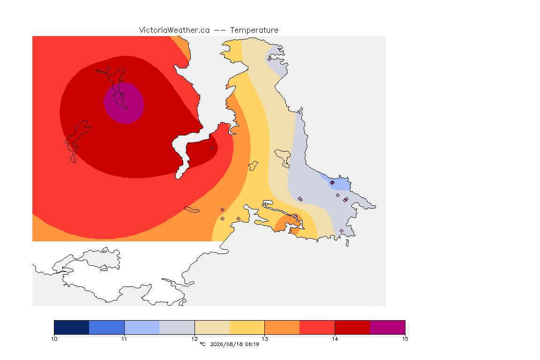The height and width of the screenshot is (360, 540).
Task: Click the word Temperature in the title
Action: (x=254, y=30)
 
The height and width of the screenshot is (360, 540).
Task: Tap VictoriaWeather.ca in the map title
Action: (x=174, y=30)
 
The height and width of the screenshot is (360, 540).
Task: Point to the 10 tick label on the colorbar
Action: (x=54, y=339)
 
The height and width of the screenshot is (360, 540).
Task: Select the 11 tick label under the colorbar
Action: (x=124, y=339)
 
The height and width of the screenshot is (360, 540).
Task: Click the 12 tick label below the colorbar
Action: (x=195, y=339)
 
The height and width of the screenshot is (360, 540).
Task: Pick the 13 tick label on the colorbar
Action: (x=264, y=339)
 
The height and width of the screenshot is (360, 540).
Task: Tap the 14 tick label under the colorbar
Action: (x=335, y=339)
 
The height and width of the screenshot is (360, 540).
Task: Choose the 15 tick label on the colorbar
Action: (x=405, y=339)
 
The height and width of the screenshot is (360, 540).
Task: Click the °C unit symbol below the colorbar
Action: (x=203, y=344)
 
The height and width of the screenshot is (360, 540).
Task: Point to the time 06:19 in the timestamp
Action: (x=252, y=344)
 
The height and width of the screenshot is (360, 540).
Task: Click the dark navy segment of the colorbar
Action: (x=72, y=327)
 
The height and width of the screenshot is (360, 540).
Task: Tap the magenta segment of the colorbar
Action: (x=388, y=327)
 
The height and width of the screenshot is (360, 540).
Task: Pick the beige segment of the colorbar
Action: (x=212, y=327)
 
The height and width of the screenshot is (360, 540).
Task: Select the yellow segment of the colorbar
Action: (x=247, y=327)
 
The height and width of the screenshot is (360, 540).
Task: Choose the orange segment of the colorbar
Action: (x=282, y=327)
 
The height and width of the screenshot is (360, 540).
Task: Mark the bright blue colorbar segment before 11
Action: (x=107, y=327)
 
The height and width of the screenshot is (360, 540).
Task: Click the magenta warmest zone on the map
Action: (x=124, y=103)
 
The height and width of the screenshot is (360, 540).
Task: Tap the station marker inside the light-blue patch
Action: (x=332, y=183)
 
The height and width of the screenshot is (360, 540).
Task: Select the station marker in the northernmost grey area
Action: (x=270, y=59)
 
